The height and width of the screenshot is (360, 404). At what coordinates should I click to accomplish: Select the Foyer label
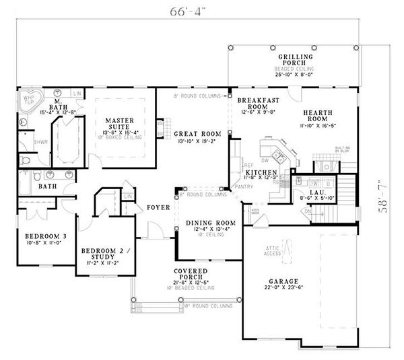(158, 208)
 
